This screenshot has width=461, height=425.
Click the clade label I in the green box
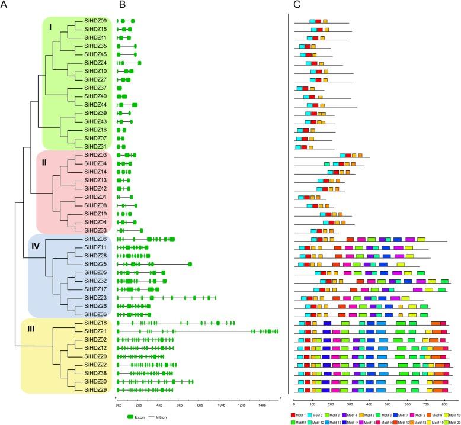pos(50,27)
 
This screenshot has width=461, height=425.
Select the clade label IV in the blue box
pos(35,246)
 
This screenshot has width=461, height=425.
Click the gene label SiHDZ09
pos(95,21)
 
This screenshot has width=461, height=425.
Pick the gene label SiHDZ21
pos(95,331)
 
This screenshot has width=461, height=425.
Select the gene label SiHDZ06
pos(95,239)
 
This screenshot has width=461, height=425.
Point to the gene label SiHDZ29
pos(95,390)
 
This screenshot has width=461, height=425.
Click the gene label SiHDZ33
pos(95,230)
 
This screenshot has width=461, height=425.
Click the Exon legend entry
pos(138,417)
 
